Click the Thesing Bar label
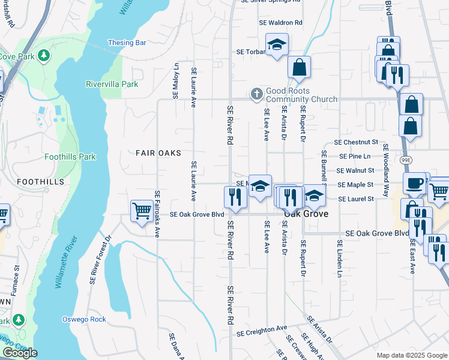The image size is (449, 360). tap(127, 43)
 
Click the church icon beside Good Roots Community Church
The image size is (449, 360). tap(256, 94)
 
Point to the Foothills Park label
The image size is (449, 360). tap(70, 157)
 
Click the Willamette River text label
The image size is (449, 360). tap(67, 263)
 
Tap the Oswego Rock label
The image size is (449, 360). tap(84, 319)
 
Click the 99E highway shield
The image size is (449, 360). tap(406, 160)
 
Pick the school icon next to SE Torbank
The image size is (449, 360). tap(277, 44)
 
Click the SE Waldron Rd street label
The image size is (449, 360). tap(280, 22)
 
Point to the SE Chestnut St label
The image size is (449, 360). tap(356, 142)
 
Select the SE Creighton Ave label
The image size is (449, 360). tap(262, 330)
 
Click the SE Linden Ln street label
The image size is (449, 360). tap(339, 259)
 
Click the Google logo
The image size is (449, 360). tap(20, 353)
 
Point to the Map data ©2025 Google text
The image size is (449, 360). tap(411, 355)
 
